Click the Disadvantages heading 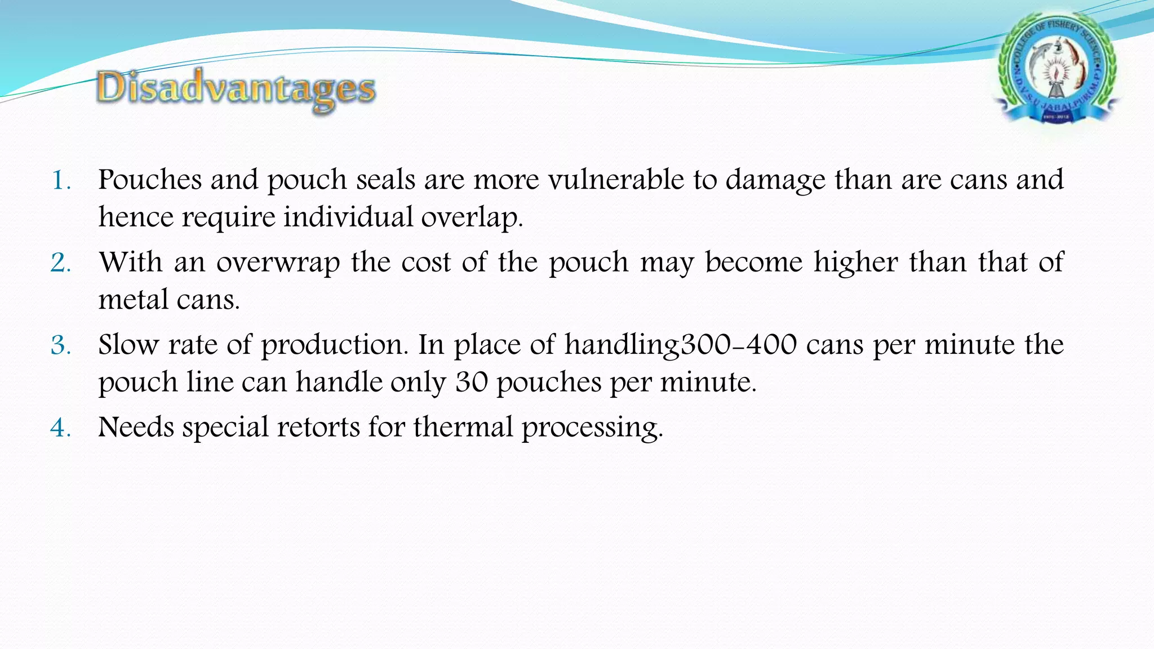(236, 90)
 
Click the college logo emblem (1057, 71)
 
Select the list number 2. (61, 263)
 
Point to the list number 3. (61, 345)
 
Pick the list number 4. (61, 428)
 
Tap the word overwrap (278, 263)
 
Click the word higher (855, 263)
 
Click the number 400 (771, 345)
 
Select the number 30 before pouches (471, 383)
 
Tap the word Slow (128, 345)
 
